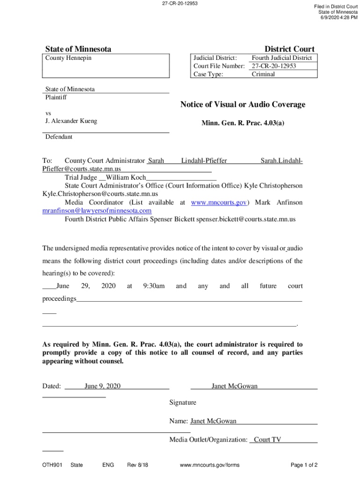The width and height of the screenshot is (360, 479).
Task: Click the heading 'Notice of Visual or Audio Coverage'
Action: click(243, 104)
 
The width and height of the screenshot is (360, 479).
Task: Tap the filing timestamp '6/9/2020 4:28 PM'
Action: click(339, 18)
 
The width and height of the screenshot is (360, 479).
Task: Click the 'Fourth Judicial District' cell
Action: click(281, 58)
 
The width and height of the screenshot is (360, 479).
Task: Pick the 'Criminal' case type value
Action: click(263, 74)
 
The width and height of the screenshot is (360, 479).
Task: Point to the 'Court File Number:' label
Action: click(219, 66)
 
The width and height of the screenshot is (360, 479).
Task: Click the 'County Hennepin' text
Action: click(68, 58)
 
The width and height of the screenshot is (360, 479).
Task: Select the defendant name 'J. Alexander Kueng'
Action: click(71, 121)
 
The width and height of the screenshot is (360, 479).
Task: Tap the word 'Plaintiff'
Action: click(56, 97)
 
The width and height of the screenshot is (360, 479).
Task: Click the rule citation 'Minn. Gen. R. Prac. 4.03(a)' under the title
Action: click(243, 123)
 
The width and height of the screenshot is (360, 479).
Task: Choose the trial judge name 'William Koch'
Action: click(126, 178)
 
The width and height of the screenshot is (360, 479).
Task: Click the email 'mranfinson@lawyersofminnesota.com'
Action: click(97, 210)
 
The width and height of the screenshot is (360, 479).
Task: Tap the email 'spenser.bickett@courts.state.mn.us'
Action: click(245, 219)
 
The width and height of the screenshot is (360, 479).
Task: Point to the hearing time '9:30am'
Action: click(154, 286)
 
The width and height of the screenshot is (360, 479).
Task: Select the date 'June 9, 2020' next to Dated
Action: click(102, 386)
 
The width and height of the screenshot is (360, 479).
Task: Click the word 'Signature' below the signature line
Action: click(183, 403)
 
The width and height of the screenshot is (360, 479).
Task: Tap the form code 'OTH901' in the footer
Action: click(52, 465)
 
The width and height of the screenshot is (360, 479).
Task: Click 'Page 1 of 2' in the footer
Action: click(304, 465)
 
